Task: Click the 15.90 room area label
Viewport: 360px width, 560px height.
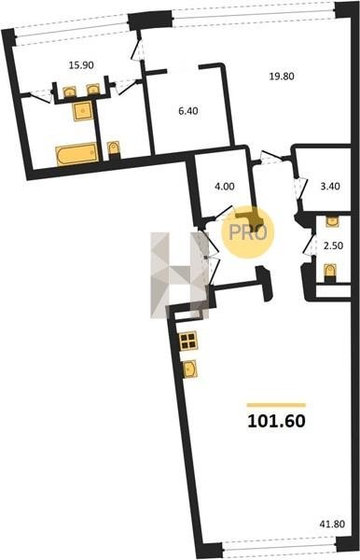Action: point(81,65)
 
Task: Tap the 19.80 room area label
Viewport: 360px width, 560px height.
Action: point(282,77)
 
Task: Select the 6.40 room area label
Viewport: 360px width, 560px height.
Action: point(188,111)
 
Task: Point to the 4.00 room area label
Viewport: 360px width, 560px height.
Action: point(225,187)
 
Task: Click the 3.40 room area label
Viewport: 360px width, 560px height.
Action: point(330,187)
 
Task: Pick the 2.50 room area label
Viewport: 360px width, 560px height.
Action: point(333,245)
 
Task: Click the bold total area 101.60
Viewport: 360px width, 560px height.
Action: point(276,421)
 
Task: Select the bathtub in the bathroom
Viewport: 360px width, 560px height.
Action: point(76,154)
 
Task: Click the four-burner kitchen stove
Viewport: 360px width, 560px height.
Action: point(188,341)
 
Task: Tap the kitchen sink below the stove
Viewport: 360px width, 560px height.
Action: point(189,370)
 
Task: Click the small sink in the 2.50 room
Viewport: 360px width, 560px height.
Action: point(332,221)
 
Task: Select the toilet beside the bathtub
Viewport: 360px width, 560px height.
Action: point(114,150)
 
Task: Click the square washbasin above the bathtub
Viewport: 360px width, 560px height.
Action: point(82,111)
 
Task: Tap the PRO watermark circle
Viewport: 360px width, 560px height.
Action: point(248,232)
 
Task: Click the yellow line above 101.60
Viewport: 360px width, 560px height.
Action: point(276,405)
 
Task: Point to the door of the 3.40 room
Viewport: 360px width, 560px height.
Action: point(300,189)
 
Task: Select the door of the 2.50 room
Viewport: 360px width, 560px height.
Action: point(310,245)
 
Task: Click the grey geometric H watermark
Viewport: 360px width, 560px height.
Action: point(179,275)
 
